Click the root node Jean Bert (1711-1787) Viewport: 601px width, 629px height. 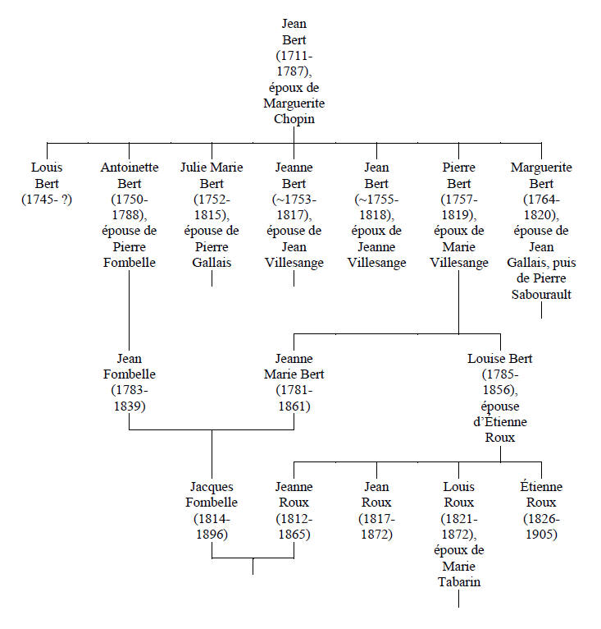[294, 71]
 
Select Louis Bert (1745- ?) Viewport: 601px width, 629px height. [48, 182]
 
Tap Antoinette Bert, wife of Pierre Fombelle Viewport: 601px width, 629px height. [130, 214]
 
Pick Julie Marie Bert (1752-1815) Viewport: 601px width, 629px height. [212, 214]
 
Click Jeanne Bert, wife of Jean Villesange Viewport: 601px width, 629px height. [294, 214]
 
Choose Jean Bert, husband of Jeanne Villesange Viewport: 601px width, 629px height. [376, 214]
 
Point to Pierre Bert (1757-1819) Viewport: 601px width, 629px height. [458, 214]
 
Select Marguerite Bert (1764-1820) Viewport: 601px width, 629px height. [540, 230]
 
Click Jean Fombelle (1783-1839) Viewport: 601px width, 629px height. [130, 382]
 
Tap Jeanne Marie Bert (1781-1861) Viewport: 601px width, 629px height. [294, 382]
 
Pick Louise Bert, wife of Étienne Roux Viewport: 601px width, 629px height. [499, 397]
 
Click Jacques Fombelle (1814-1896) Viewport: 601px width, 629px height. [212, 510]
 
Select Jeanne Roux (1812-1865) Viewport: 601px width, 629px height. [294, 510]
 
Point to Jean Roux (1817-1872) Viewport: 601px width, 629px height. [376, 510]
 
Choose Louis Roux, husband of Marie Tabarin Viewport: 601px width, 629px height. [458, 534]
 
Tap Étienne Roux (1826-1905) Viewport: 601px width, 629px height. [540, 510]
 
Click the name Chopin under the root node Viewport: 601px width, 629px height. [294, 119]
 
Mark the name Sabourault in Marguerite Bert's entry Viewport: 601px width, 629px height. [540, 294]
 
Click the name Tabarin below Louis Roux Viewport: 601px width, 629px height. [458, 582]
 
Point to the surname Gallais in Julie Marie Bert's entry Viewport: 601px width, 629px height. [212, 262]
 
